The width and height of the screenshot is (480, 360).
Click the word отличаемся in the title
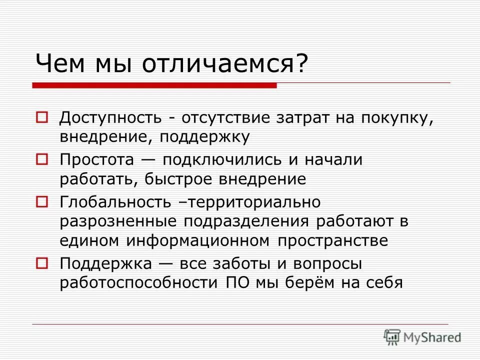pos(222,64)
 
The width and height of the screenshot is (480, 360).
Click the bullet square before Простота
pos(41,160)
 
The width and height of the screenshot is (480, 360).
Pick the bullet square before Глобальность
pos(41,202)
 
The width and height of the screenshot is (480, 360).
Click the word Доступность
pos(110,119)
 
